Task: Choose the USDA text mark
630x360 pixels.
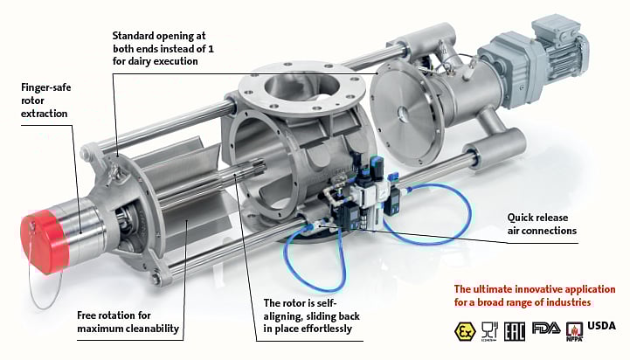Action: coord(602,327)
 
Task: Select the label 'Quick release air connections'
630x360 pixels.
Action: coord(543,225)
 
